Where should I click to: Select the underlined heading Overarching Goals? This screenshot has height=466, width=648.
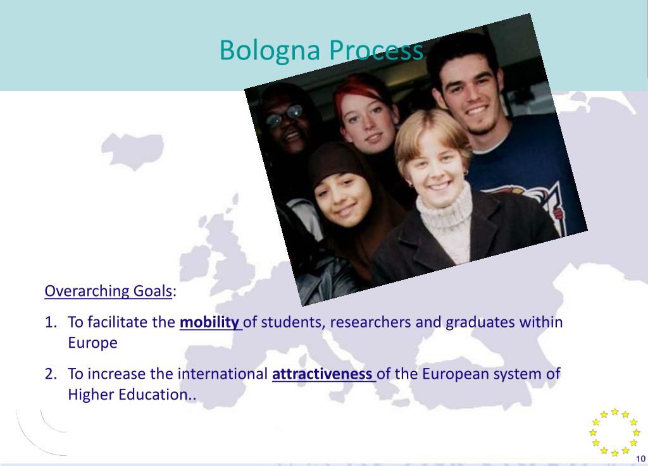click(108, 291)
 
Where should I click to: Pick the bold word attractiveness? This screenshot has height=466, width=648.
click(322, 374)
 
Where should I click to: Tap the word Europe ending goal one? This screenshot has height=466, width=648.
click(92, 343)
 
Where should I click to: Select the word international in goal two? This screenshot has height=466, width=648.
click(222, 374)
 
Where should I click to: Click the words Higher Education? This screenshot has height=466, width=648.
click(128, 395)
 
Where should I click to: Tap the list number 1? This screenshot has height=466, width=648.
click(50, 322)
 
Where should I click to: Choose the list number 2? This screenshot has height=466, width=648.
click(50, 374)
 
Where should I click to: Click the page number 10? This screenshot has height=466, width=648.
click(640, 458)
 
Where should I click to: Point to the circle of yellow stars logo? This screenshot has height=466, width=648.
click(614, 432)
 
